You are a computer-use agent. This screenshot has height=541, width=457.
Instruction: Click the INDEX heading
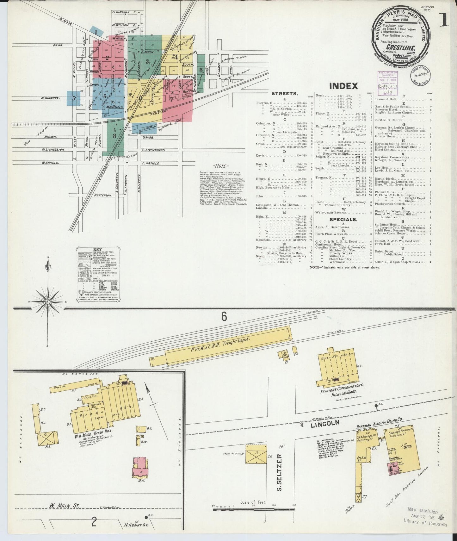coord(343,86)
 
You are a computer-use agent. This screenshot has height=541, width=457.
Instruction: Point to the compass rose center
coord(47,302)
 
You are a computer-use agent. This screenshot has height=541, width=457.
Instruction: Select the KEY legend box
coord(100,274)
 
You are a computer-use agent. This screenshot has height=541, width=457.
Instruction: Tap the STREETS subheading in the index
coord(284,94)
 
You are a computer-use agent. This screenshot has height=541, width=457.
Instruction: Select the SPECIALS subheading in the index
coord(343,219)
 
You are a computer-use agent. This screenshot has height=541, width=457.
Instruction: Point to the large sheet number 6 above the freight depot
coord(224,317)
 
